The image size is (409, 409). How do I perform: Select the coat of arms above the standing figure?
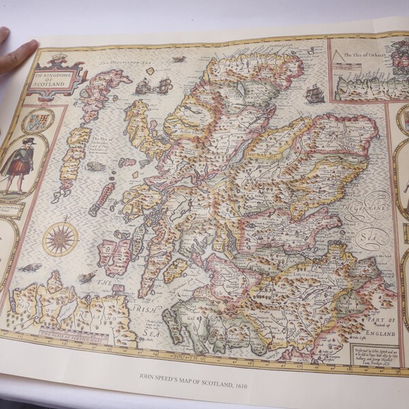(37, 121)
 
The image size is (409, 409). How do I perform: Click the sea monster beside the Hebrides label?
(95, 166)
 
